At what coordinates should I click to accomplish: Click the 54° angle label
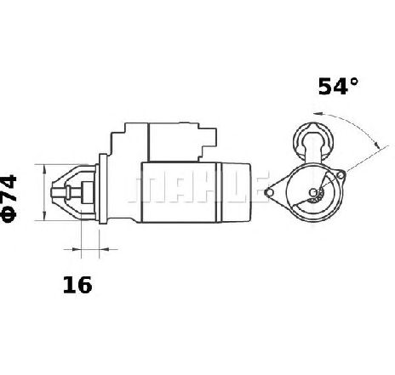tap(338, 86)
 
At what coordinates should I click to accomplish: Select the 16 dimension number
tap(77, 285)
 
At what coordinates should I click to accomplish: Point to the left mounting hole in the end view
tap(269, 193)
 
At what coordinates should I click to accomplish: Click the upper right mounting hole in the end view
tap(341, 175)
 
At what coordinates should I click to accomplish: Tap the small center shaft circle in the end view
tap(313, 193)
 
